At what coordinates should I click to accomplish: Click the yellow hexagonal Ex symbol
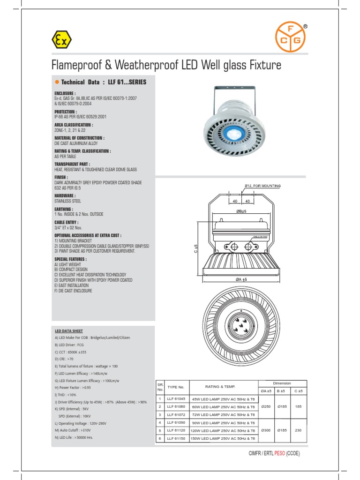[61, 41]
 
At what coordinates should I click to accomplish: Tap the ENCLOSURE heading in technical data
[65, 94]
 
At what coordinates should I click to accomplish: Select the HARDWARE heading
[65, 195]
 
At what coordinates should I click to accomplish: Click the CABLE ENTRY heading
[67, 222]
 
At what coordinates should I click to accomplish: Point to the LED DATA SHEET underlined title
[68, 331]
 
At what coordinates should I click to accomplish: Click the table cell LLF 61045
[176, 398]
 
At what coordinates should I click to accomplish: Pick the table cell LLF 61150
[176, 438]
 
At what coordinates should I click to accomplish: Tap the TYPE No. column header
[176, 387]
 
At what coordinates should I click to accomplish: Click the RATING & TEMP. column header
[220, 387]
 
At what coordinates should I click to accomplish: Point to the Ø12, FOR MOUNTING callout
[262, 186]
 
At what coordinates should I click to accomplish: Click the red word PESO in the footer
[279, 454]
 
